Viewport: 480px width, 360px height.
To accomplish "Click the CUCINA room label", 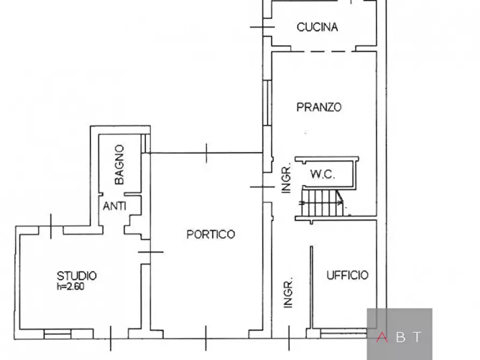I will point(317,27).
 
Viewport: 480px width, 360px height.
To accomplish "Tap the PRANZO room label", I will point(319,107).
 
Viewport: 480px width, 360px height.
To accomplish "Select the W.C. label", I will point(323,175).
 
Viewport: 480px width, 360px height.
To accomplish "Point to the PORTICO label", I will point(211,234).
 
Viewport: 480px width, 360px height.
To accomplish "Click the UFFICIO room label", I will point(348,275).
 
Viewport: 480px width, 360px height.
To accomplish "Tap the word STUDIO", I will point(77,276).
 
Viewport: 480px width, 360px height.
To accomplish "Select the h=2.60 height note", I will point(70,286).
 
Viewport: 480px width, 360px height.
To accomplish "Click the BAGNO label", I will point(119,164).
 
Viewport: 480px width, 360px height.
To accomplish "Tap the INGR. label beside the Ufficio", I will point(288,293).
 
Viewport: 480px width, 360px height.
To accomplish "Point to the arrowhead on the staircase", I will point(340,202).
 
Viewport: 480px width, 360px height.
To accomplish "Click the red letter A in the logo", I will point(382,337).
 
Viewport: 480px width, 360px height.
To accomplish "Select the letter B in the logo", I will point(400,337).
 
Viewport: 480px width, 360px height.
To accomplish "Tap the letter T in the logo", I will point(418,337).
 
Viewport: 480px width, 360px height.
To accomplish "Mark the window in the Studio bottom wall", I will point(57,334).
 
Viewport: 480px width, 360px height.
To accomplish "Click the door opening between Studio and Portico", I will point(145,251).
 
